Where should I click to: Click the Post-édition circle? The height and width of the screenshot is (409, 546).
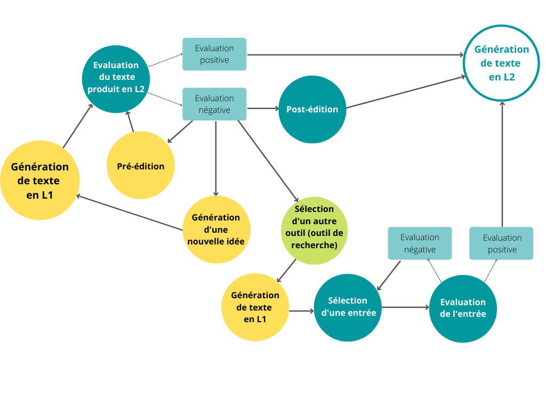pos(312,109)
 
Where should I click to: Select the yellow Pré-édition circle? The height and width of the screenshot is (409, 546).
pos(141,166)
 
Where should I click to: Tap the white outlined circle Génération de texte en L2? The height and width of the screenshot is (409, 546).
pos(502,63)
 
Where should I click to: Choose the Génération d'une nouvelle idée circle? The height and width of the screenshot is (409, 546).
pos(216,230)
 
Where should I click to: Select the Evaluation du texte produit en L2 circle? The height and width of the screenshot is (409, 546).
pos(116,78)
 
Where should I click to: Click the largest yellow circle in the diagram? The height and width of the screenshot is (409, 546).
pos(39,180)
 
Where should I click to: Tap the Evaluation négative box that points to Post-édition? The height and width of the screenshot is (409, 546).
pos(214,104)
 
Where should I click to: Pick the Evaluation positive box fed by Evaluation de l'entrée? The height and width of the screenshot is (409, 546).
pos(501,243)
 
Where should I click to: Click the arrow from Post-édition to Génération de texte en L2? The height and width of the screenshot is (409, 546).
pos(405,92)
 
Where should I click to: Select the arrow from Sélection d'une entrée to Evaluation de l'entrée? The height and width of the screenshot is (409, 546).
pos(405,307)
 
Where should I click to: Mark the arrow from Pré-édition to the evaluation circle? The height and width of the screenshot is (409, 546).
pos(130,122)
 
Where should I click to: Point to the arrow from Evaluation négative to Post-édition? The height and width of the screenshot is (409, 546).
pos(262,109)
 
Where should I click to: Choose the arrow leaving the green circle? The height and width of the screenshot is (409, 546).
pos(286,270)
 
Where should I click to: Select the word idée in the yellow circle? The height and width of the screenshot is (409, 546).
pos(233,241)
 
